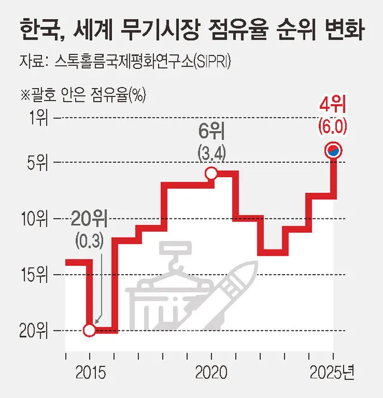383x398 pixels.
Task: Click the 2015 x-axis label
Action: click(x=89, y=373)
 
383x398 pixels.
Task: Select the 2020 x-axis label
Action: click(x=211, y=373)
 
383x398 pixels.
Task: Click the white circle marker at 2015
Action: click(x=89, y=330)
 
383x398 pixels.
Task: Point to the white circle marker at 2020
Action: click(x=211, y=174)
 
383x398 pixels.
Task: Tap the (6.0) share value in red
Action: click(x=333, y=127)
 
